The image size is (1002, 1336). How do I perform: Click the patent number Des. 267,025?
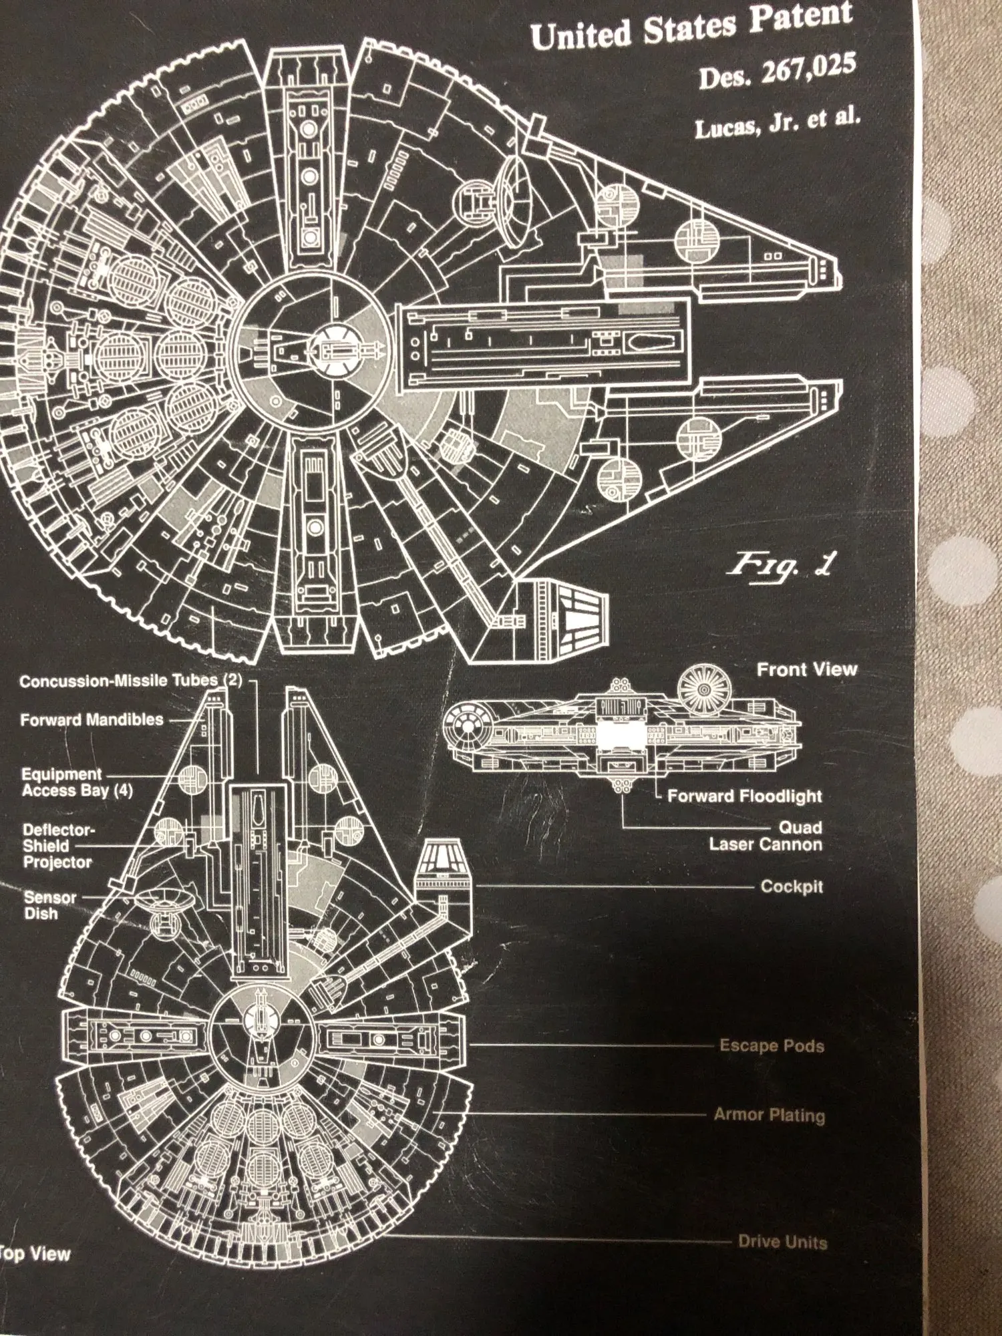(x=778, y=71)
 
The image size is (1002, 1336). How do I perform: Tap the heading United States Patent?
(x=692, y=27)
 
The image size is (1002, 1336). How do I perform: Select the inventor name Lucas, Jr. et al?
(x=778, y=122)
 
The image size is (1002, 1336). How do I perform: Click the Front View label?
(x=806, y=669)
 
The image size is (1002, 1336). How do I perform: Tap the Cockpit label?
(x=792, y=886)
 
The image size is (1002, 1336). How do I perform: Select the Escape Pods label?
(x=772, y=1045)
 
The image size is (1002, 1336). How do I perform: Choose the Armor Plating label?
(x=769, y=1114)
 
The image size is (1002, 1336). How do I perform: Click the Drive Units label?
(x=782, y=1242)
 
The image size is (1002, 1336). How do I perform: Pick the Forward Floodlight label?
(x=744, y=796)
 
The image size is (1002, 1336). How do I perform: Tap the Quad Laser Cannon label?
(x=766, y=836)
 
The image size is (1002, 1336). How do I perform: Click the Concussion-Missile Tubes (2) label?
(x=131, y=681)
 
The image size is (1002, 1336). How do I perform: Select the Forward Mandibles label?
(x=92, y=719)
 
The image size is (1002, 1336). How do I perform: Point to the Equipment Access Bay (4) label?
(x=77, y=782)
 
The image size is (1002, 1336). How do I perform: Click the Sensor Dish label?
(x=49, y=905)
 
